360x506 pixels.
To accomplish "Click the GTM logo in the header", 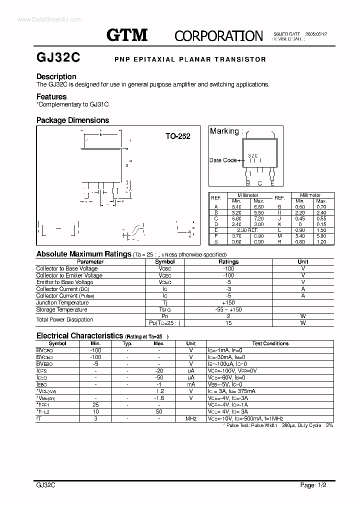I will point(127,34).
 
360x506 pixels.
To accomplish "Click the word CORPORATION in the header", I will point(218,35).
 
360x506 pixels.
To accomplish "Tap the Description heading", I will point(56,76).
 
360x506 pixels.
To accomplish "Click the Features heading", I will point(51,96).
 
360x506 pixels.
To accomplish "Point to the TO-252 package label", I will point(178,136).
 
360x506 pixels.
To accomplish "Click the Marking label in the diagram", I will point(225,131).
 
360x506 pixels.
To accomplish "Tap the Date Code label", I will point(222,160).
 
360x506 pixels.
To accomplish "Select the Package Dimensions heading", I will point(72,120).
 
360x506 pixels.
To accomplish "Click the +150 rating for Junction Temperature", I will point(229,302).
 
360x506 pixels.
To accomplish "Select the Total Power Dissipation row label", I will point(64,319).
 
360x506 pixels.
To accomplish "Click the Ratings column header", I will point(229,261).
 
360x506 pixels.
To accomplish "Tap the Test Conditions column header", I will point(270,343).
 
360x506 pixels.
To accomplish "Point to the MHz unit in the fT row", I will point(190,418).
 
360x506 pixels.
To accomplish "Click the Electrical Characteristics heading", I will point(79,336).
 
